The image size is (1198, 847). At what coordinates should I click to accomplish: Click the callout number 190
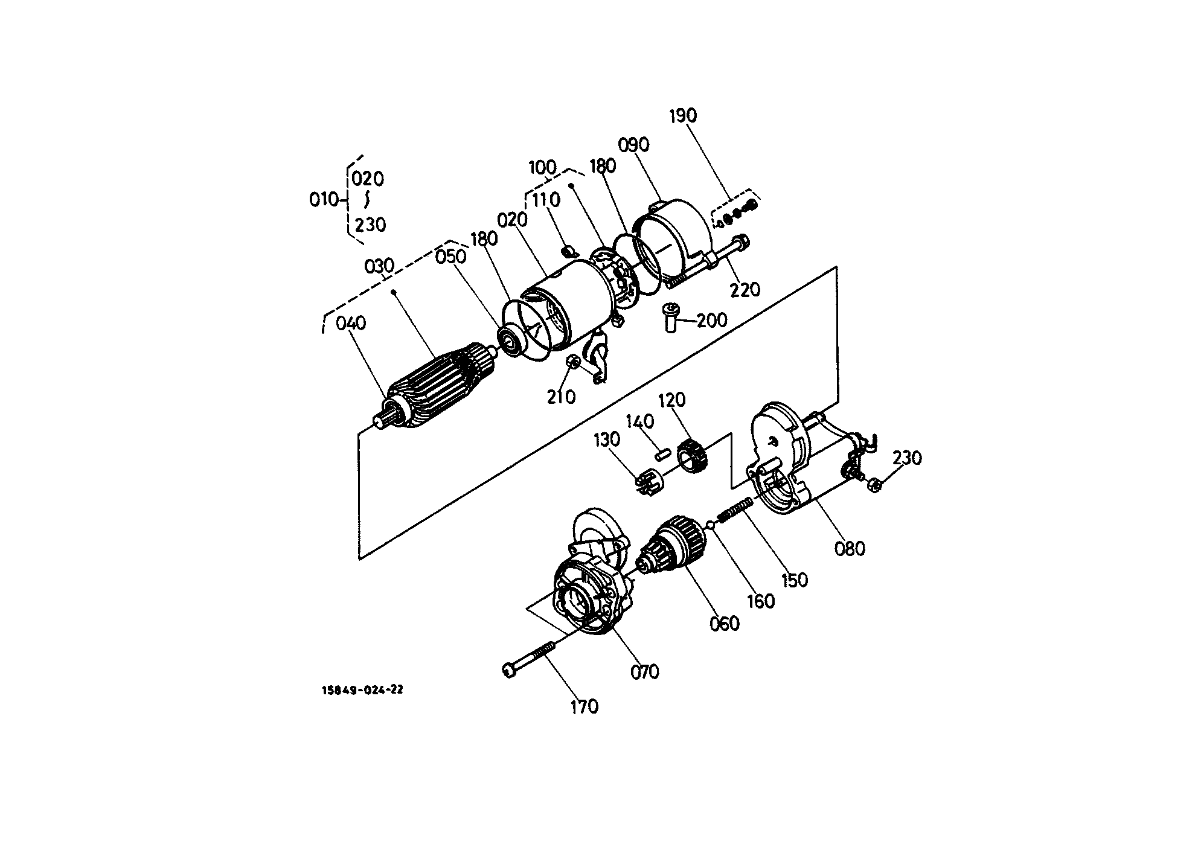[683, 116]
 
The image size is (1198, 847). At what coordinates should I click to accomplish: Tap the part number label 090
[633, 145]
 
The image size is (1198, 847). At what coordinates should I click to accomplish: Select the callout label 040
[351, 324]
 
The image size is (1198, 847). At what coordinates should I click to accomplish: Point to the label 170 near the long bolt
[584, 706]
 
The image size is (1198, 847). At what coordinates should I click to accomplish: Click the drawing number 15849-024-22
[362, 690]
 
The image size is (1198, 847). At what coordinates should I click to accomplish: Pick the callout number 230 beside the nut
[907, 458]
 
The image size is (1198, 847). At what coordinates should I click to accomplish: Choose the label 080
[850, 549]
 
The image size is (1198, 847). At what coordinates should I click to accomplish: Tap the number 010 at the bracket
[324, 199]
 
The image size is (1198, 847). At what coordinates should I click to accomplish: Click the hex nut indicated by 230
[873, 484]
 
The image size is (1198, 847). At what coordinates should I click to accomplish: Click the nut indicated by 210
[574, 362]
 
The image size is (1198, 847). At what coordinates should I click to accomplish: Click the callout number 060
[725, 624]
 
